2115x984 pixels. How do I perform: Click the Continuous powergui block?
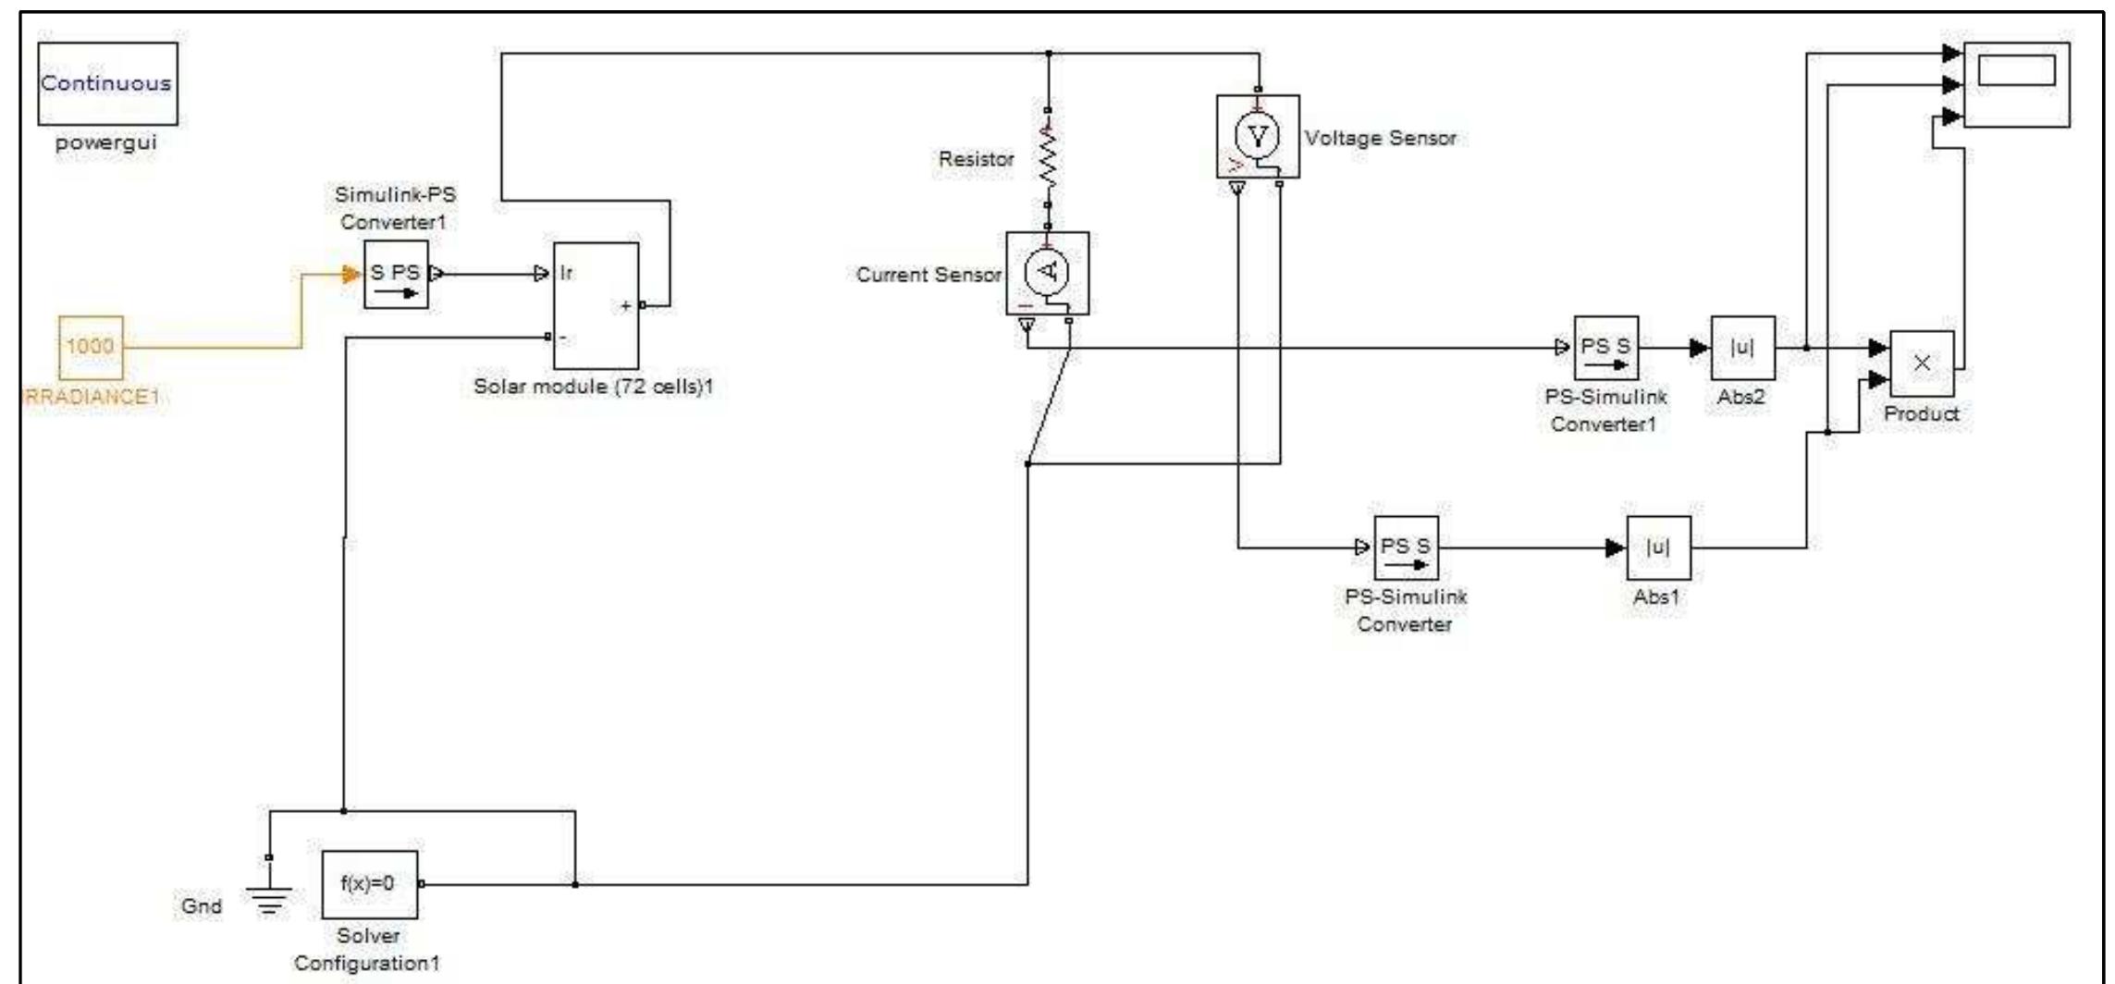tap(107, 83)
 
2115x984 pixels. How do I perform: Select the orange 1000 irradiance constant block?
tap(91, 347)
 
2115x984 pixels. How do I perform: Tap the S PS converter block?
tap(396, 275)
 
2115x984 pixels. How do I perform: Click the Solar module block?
tap(596, 306)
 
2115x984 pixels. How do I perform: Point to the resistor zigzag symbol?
tap(1048, 157)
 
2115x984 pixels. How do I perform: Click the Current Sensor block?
tap(1048, 273)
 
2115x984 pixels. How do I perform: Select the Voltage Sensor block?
tap(1258, 137)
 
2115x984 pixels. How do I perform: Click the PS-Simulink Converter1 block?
tap(1605, 348)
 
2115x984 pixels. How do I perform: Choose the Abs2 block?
tap(1742, 348)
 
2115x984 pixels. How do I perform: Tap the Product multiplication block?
tap(1922, 363)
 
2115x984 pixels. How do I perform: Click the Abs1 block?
tap(1658, 547)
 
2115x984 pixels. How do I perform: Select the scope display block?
tap(2016, 84)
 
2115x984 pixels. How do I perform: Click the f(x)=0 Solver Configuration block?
tap(369, 884)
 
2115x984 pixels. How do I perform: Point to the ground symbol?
tap(269, 897)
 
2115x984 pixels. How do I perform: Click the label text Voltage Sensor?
tap(1380, 138)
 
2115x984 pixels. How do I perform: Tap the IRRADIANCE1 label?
tap(90, 397)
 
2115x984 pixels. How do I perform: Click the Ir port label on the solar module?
tap(566, 273)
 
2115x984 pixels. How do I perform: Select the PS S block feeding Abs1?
tap(1406, 547)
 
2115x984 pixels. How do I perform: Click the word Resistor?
tap(976, 159)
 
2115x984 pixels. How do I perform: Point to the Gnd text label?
tap(202, 906)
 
